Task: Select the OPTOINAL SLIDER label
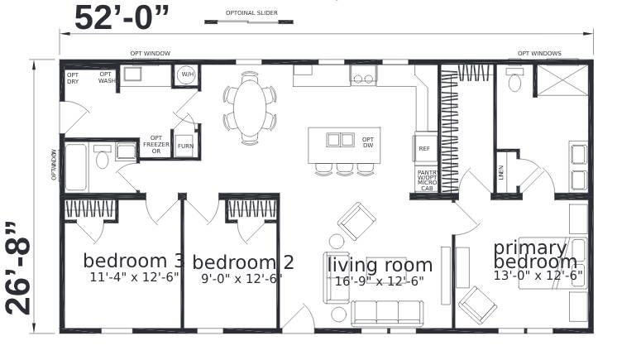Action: (251, 13)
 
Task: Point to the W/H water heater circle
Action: (187, 75)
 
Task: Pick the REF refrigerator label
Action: (424, 148)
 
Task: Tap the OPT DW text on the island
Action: (368, 142)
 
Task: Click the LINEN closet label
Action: (500, 172)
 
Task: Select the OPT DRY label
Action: (73, 77)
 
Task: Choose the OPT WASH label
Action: (106, 77)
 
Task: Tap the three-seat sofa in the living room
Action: (386, 312)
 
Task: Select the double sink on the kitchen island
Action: (340, 139)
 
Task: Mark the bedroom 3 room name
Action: (133, 260)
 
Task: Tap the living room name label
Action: (380, 265)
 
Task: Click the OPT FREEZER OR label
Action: (155, 145)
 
